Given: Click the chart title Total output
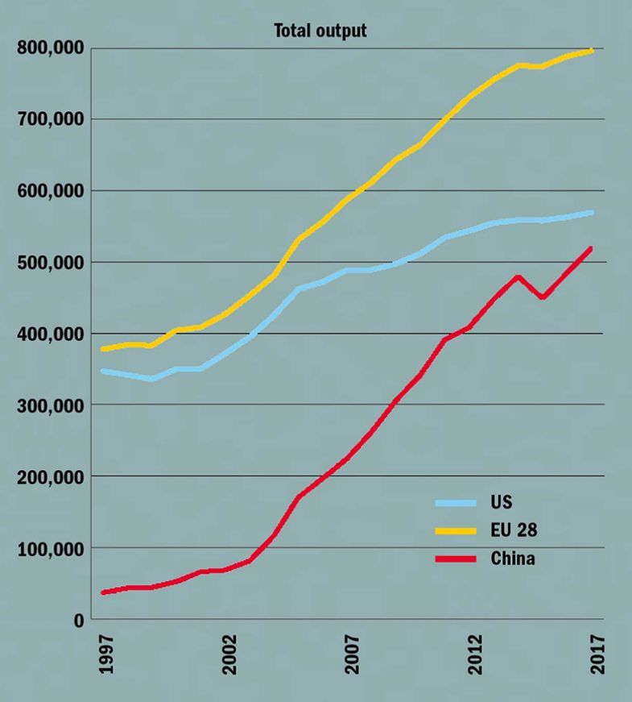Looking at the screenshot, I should pyautogui.click(x=320, y=31).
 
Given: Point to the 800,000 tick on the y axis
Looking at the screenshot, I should pyautogui.click(x=49, y=48).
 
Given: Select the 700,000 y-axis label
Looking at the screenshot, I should pyautogui.click(x=49, y=119).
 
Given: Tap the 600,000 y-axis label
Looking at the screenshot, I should pyautogui.click(x=49, y=191).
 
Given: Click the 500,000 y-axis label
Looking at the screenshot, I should pyautogui.click(x=49, y=263).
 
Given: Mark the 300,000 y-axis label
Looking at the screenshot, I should pyautogui.click(x=49, y=405).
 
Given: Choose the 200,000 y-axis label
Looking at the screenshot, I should pyautogui.click(x=49, y=477).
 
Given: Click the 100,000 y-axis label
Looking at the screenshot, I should pyautogui.click(x=49, y=549).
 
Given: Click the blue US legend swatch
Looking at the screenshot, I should pyautogui.click(x=458, y=503).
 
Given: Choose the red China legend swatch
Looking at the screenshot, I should pyautogui.click(x=458, y=558).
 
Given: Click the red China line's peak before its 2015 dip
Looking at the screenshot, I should pyautogui.click(x=518, y=276).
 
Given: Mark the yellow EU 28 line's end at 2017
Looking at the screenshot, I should pyautogui.click(x=592, y=51).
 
